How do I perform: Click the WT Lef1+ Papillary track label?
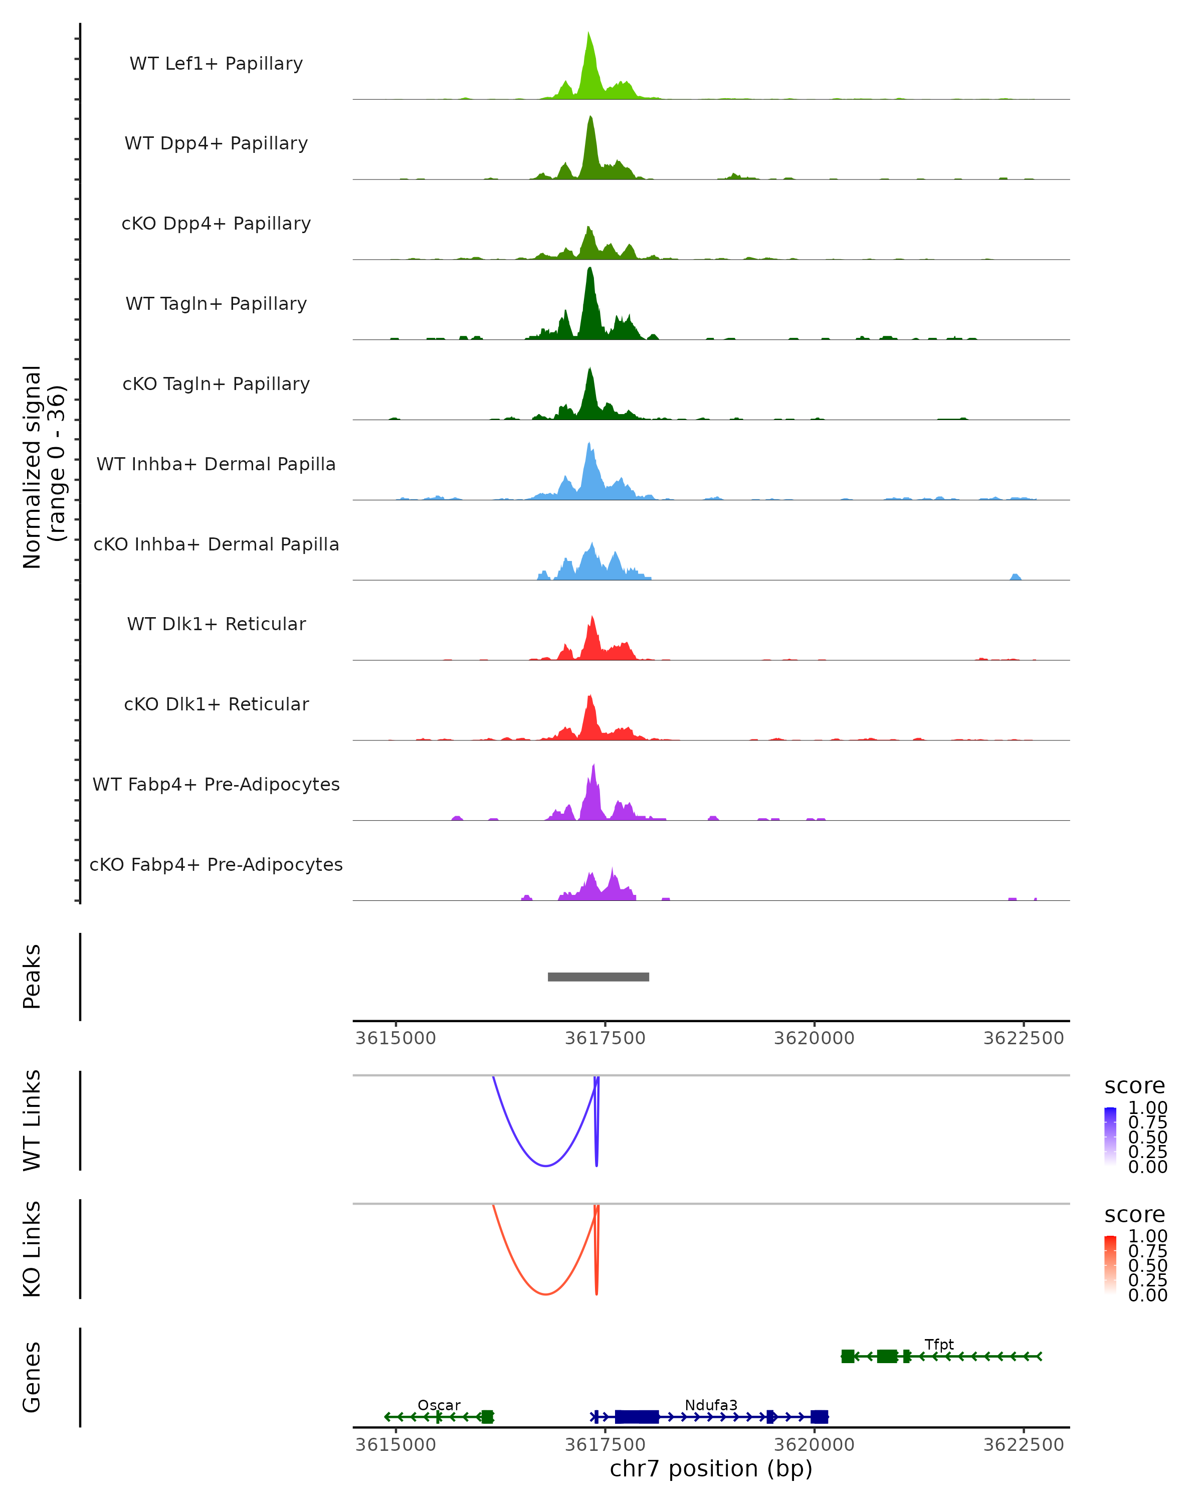pyautogui.click(x=216, y=64)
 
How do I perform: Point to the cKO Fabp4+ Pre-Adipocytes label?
pyautogui.click(x=216, y=864)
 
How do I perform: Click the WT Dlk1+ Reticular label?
pyautogui.click(x=216, y=624)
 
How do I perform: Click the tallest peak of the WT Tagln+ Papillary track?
pyautogui.click(x=590, y=269)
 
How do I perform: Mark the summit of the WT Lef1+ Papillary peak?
pyautogui.click(x=588, y=33)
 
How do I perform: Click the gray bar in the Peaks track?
pyautogui.click(x=598, y=977)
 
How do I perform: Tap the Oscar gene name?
pyautogui.click(x=439, y=1405)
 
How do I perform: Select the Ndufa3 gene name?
pyautogui.click(x=711, y=1405)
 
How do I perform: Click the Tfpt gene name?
pyautogui.click(x=939, y=1344)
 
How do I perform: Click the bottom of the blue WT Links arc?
pyautogui.click(x=545, y=1166)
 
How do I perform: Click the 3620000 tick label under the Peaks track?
pyautogui.click(x=814, y=1038)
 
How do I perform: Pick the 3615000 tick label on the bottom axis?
pyautogui.click(x=395, y=1444)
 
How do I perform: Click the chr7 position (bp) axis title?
pyautogui.click(x=711, y=1468)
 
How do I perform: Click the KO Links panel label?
pyautogui.click(x=32, y=1249)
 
